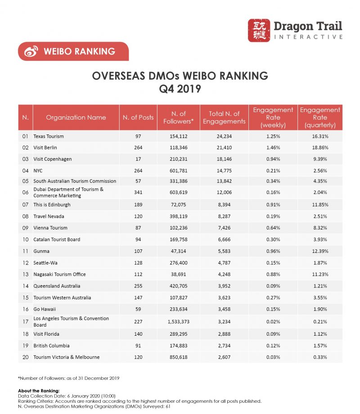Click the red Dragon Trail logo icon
(259, 31)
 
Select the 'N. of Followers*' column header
(179, 117)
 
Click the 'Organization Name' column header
(76, 117)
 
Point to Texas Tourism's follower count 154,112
(179, 136)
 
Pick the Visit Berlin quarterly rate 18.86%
(320, 147)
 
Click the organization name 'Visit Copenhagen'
(53, 159)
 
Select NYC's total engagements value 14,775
(224, 170)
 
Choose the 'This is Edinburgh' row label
(52, 205)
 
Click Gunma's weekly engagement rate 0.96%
(273, 251)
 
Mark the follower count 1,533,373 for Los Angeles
(179, 322)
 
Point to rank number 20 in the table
(25, 357)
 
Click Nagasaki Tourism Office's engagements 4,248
(224, 274)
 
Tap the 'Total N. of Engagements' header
(224, 117)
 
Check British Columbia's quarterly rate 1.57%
(320, 346)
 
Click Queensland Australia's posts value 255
(139, 285)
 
